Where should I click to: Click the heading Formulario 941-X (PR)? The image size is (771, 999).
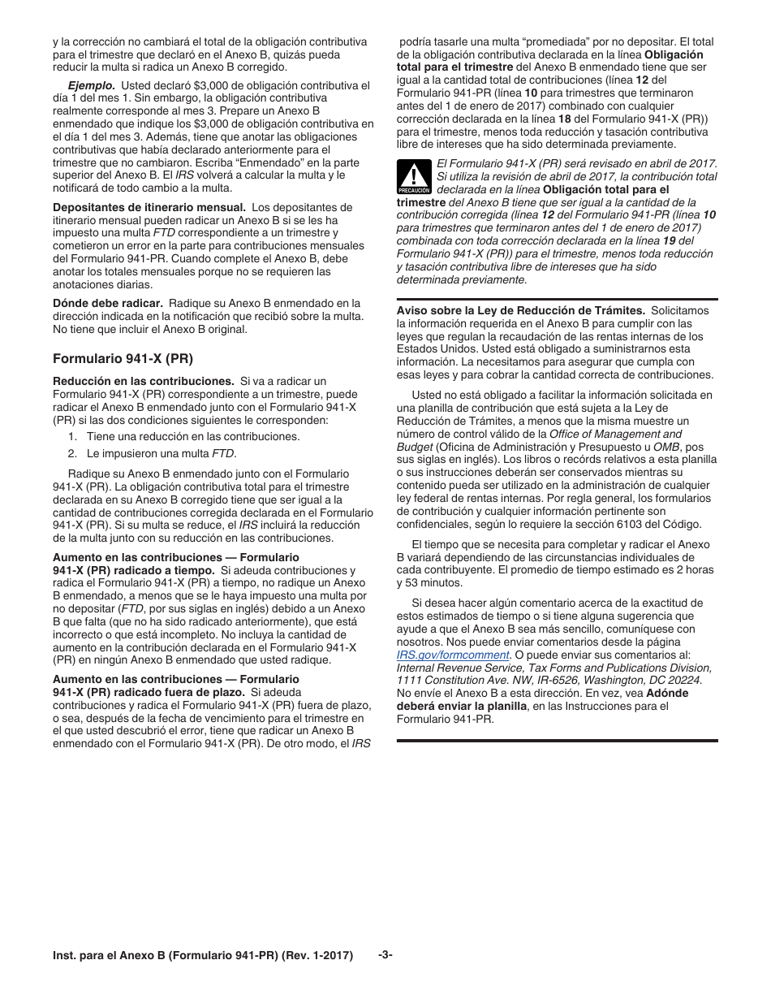tap(123, 358)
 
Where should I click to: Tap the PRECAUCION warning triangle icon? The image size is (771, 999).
tap(413, 176)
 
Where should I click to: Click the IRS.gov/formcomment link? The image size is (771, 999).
tap(453, 655)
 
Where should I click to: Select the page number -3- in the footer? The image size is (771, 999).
tap(385, 955)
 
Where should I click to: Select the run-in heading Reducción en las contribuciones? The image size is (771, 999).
tap(143, 381)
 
